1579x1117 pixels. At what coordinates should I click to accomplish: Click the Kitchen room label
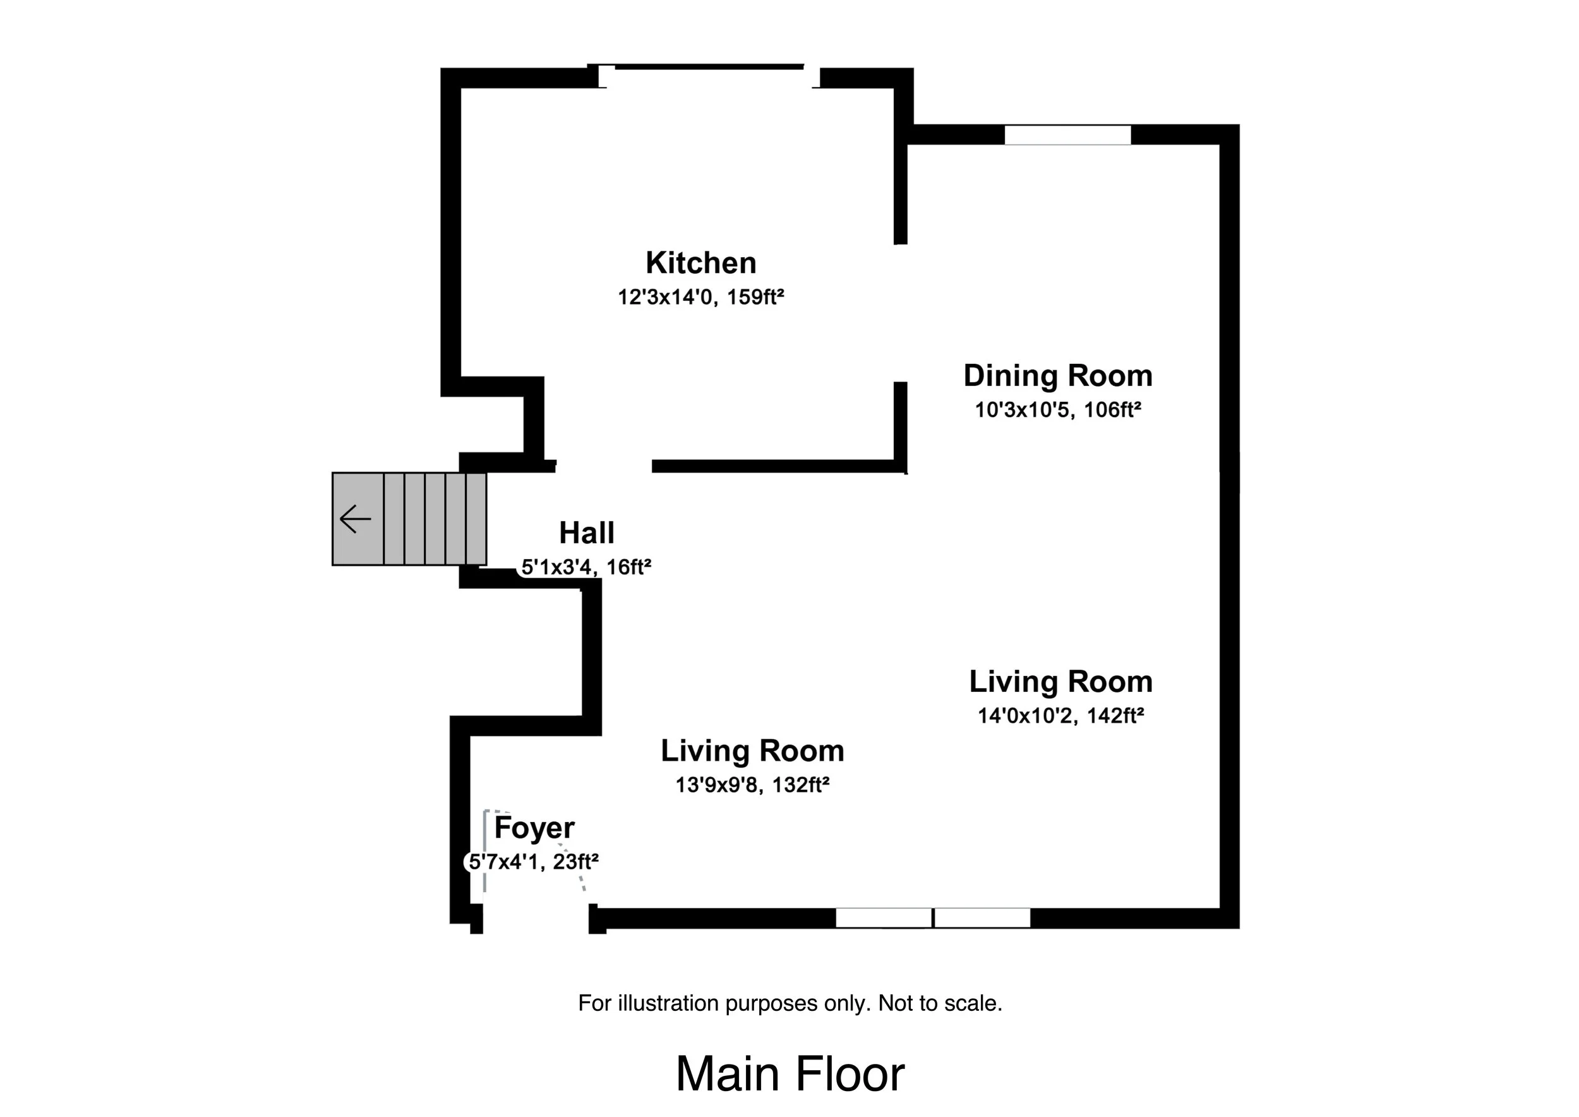[x=701, y=263]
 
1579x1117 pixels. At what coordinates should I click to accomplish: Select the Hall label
[x=587, y=533]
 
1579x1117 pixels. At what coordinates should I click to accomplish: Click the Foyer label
[x=534, y=828]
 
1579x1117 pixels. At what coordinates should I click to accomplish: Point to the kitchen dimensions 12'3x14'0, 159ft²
[x=701, y=297]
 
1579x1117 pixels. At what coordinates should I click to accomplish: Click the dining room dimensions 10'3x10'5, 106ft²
[x=1058, y=410]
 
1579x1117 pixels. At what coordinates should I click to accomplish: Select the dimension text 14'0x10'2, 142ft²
[x=1061, y=716]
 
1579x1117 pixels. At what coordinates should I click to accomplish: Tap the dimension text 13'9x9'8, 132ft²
[x=752, y=785]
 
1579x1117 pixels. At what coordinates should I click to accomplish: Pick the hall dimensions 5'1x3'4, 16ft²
[x=586, y=567]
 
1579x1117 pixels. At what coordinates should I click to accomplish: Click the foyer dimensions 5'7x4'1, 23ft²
[x=534, y=862]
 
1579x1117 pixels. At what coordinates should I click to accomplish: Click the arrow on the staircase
[x=356, y=519]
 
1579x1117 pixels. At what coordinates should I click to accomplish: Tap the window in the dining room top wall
[x=1067, y=135]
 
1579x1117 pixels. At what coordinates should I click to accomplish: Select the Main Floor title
[x=790, y=1073]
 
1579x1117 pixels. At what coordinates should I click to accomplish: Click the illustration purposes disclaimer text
[x=790, y=1003]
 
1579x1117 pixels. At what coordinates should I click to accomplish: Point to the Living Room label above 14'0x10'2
[x=1061, y=682]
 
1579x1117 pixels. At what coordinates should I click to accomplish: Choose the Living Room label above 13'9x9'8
[x=752, y=751]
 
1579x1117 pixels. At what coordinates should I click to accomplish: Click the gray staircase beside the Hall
[x=409, y=519]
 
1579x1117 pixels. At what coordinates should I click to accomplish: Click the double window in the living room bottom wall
[x=932, y=917]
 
